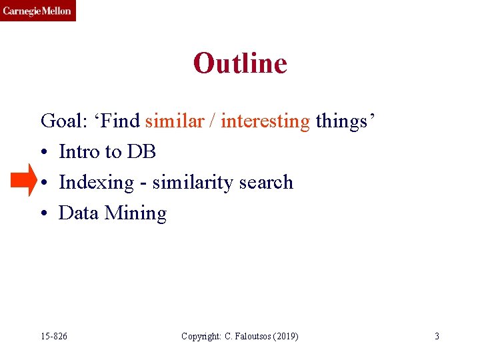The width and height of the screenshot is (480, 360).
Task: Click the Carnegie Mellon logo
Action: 37,11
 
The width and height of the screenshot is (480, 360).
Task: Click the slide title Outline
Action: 240,63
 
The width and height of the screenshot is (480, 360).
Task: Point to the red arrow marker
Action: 25,181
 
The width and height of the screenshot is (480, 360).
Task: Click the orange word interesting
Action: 265,121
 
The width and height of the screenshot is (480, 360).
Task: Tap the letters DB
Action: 141,152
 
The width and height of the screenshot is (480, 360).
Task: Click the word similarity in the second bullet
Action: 194,183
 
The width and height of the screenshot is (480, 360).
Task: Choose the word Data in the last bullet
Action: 79,213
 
